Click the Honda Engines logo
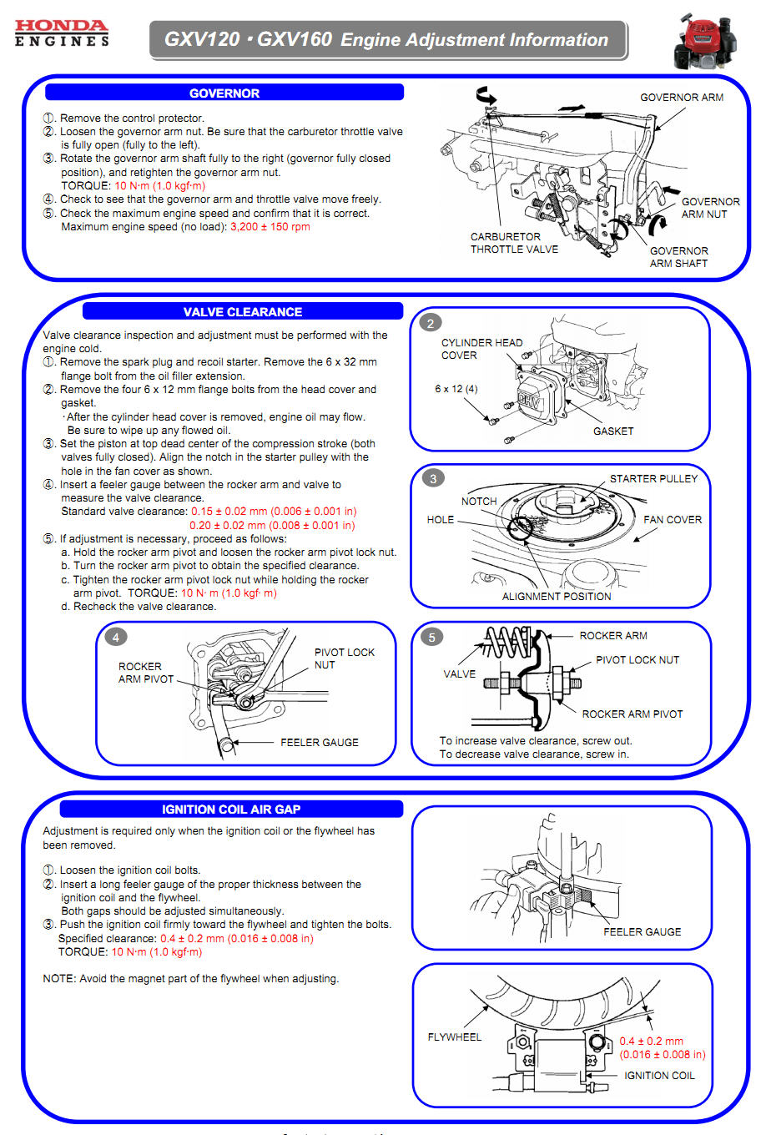[x=62, y=33]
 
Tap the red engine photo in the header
[x=708, y=39]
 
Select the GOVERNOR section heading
[x=224, y=93]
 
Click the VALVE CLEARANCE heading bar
[x=242, y=311]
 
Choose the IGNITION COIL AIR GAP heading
[x=230, y=809]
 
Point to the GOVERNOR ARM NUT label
[x=709, y=208]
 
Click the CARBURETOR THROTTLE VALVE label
[x=513, y=243]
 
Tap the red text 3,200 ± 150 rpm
[x=270, y=227]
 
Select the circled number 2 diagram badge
[x=431, y=323]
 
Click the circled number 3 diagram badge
[x=432, y=478]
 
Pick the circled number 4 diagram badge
[x=116, y=637]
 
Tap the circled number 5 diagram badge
[x=431, y=637]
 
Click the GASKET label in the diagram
[x=612, y=431]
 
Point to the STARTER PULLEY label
[x=653, y=478]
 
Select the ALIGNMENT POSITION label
[x=556, y=596]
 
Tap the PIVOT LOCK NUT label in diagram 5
[x=637, y=659]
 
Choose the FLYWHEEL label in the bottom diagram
[x=454, y=1037]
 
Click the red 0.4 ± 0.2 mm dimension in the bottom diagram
[x=651, y=1041]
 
